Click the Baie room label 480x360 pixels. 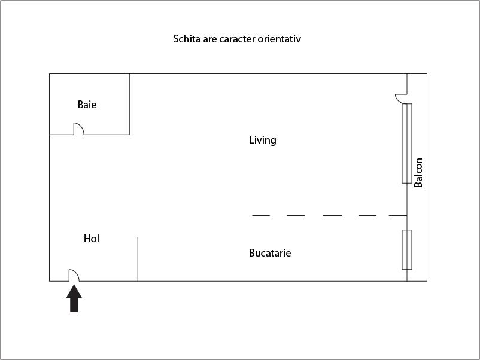(87, 105)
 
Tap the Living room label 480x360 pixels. (262, 140)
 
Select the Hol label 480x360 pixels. (92, 239)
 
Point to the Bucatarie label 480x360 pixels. (270, 253)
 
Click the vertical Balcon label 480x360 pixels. (419, 173)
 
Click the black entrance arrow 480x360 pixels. (74, 298)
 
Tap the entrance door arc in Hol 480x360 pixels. (74, 275)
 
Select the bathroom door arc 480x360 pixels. (78, 129)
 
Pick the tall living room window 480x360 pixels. (407, 143)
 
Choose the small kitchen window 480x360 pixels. (407, 249)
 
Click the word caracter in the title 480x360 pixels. (236, 39)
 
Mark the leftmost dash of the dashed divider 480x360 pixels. (261, 215)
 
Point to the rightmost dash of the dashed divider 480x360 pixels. (398, 215)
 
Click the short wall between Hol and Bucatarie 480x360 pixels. (138, 259)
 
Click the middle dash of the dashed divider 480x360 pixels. (332, 215)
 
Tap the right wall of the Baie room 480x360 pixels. (129, 103)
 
